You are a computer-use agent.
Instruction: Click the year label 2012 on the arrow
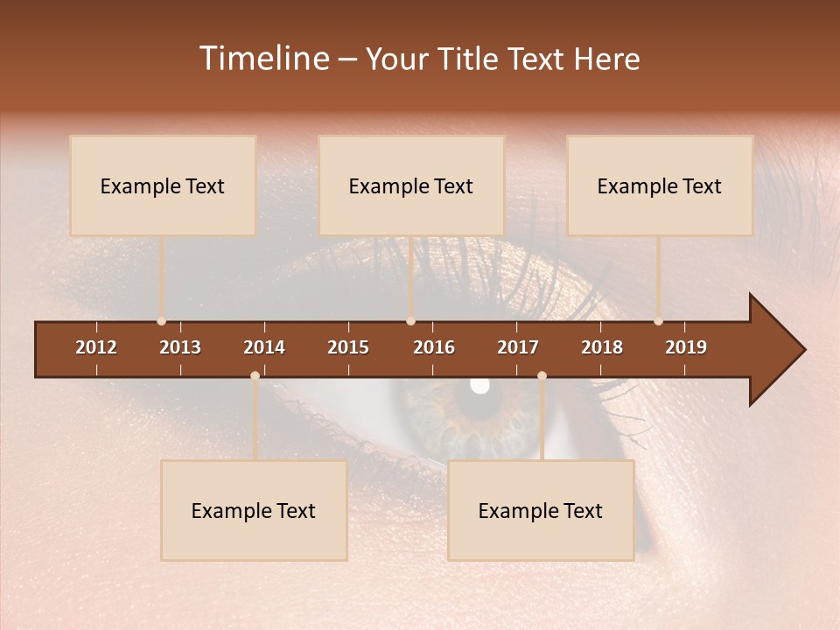[x=96, y=347]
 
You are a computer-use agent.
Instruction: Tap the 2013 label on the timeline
[x=180, y=347]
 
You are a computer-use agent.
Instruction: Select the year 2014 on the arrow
[x=264, y=347]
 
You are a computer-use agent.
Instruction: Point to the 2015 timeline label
[x=348, y=347]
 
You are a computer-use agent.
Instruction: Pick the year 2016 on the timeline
[x=434, y=347]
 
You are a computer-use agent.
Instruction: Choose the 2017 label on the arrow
[x=518, y=347]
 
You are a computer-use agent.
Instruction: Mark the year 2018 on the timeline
[x=602, y=347]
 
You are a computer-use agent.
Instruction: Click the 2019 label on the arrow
[x=686, y=347]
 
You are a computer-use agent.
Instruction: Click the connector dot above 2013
[x=161, y=321]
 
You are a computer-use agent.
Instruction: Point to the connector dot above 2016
[x=410, y=321]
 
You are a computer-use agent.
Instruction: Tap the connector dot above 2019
[x=658, y=321]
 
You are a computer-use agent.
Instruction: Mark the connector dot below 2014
[x=255, y=375]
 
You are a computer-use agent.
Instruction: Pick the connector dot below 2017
[x=542, y=375]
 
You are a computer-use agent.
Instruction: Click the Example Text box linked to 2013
[x=163, y=185]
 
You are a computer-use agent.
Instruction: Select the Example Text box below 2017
[x=541, y=510]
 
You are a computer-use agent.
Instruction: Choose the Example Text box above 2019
[x=660, y=185]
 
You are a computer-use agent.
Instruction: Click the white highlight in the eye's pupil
[x=479, y=384]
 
